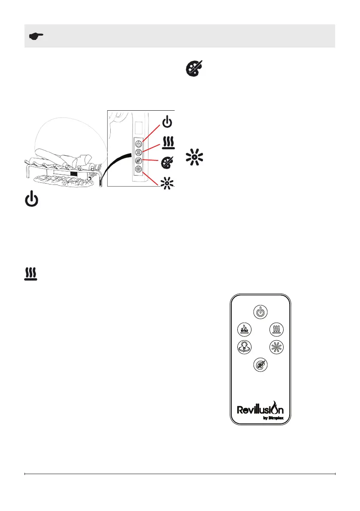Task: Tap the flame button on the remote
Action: click(244, 330)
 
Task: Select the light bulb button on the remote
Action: click(244, 347)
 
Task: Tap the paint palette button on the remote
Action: click(260, 364)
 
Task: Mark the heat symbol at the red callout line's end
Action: click(168, 142)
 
